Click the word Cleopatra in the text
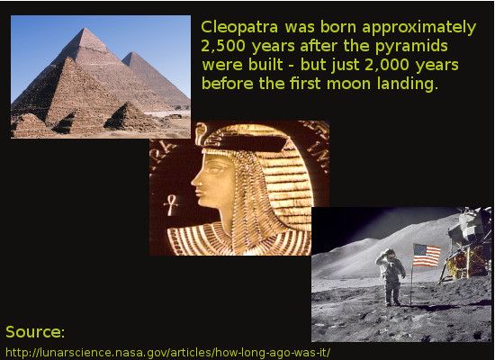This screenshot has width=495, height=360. click(239, 27)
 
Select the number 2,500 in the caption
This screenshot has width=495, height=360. click(223, 46)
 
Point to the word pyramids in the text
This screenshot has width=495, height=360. click(411, 47)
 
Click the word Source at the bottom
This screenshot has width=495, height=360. click(32, 332)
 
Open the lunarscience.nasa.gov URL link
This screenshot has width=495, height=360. click(168, 353)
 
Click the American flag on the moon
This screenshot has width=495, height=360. click(427, 255)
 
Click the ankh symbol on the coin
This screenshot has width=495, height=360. click(171, 205)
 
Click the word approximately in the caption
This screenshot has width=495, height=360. click(418, 28)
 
